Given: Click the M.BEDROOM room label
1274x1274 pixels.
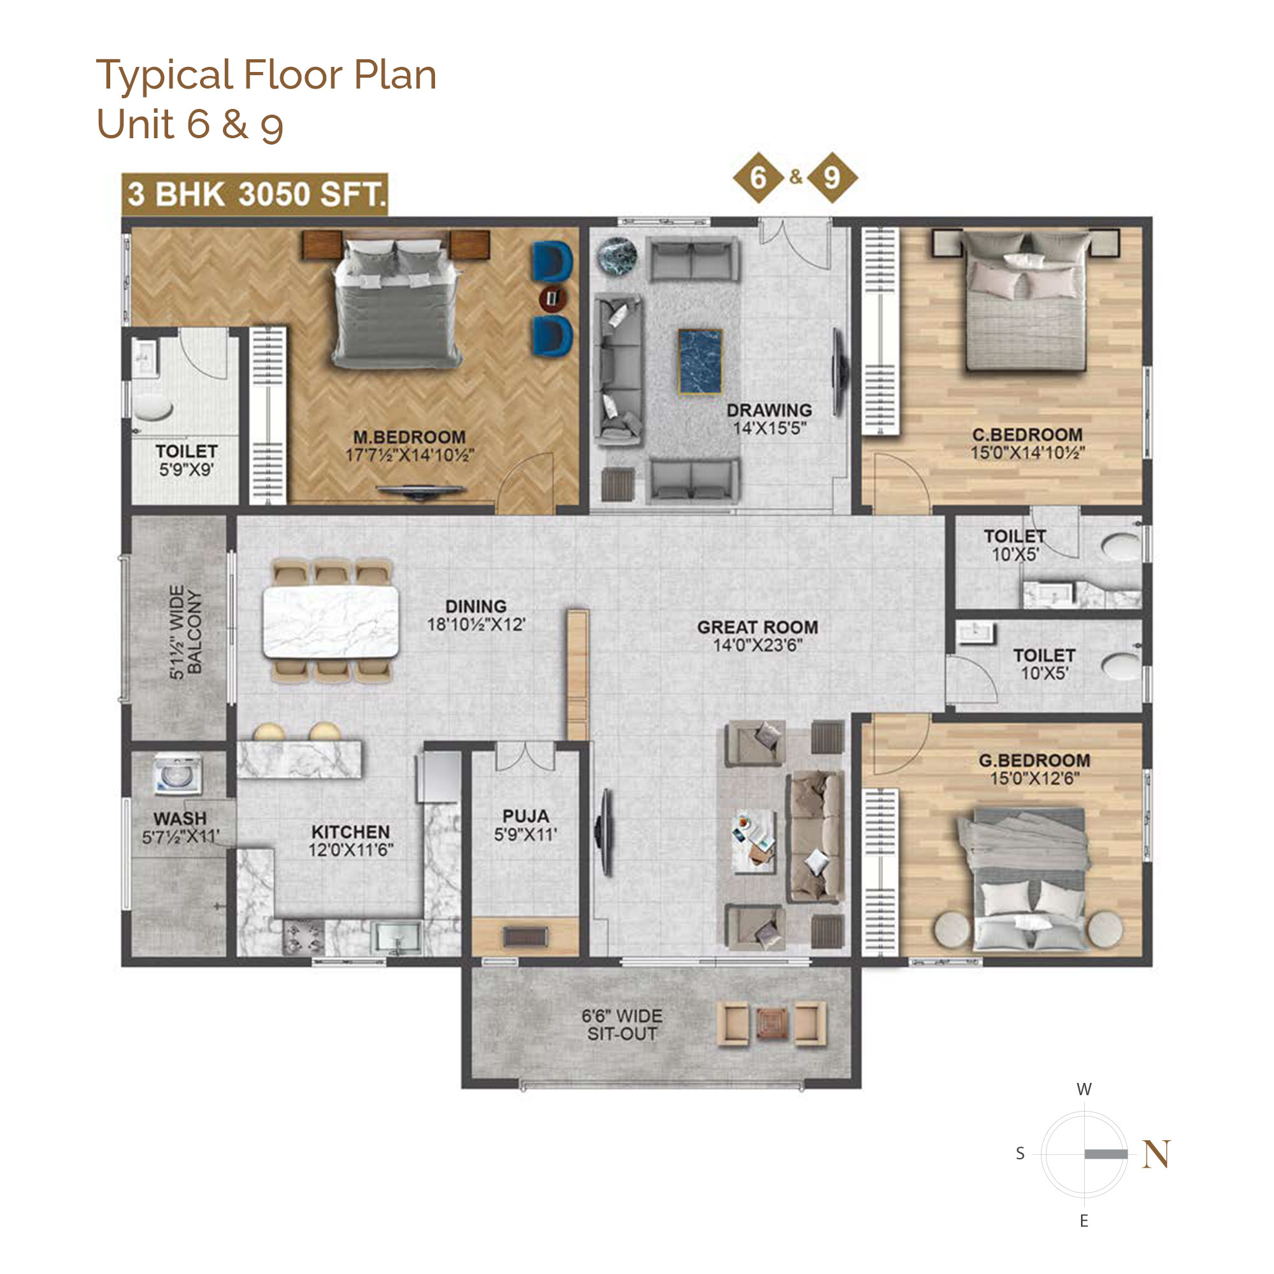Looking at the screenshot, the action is click(410, 437).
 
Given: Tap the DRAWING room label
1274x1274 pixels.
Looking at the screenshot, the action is click(769, 410).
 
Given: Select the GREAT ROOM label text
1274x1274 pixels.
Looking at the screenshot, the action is click(757, 627).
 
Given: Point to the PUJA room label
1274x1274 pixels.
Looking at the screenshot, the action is click(526, 817).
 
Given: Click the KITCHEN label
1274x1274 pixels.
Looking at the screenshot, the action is click(351, 832).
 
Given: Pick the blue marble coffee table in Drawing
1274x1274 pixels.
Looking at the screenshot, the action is click(700, 362).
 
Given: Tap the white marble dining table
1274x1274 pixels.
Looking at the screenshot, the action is click(331, 621).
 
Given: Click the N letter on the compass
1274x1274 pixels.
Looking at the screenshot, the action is click(1157, 1154).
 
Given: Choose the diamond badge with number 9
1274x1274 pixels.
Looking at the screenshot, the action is click(831, 177).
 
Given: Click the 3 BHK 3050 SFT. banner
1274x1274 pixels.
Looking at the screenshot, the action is click(255, 194).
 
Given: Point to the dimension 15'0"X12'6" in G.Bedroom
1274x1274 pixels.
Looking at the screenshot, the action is click(1034, 779).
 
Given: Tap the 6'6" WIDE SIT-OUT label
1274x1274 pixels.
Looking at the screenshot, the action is click(622, 1026).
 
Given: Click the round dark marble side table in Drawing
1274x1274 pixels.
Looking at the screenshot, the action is click(617, 256).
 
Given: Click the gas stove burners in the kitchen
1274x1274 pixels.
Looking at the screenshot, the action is click(303, 938).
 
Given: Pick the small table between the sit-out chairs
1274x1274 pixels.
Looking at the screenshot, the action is click(771, 1025).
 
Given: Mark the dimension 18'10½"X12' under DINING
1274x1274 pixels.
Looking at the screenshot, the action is click(476, 624).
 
